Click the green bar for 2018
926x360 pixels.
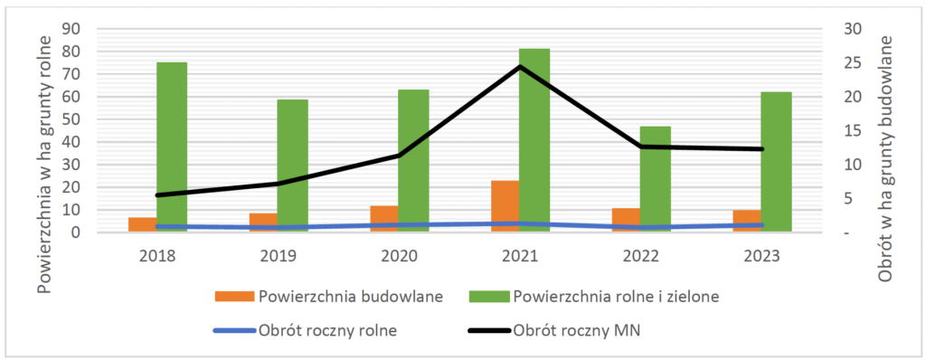click(171, 147)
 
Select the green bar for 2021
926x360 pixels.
click(534, 140)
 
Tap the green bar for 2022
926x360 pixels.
click(655, 179)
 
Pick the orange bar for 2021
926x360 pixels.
click(504, 206)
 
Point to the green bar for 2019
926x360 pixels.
click(292, 166)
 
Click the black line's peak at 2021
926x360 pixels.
click(520, 66)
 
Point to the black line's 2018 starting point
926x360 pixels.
click(157, 195)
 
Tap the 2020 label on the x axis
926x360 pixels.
click(398, 257)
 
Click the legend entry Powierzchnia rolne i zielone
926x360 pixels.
click(594, 297)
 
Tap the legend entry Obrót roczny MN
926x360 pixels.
click(554, 331)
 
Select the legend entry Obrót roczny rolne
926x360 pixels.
click(306, 331)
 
